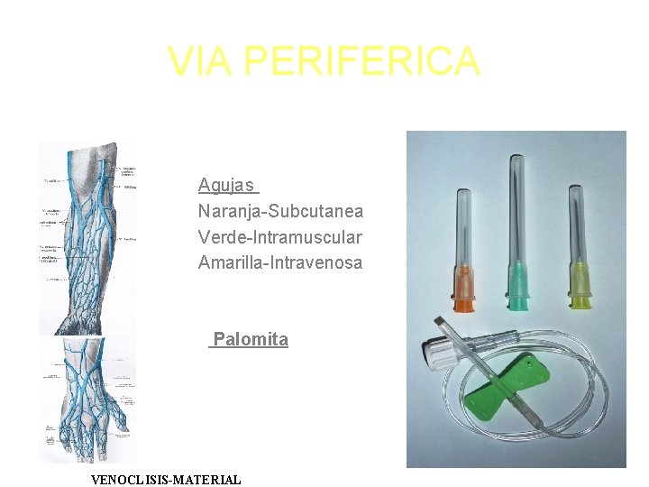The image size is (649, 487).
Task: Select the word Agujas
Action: point(226,186)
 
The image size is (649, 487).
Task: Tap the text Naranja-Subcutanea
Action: point(280,211)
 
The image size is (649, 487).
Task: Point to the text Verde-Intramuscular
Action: point(280,237)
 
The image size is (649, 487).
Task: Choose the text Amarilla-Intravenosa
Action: point(280,263)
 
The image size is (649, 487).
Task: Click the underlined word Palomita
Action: point(251,340)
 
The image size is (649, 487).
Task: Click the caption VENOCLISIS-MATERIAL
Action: point(167,480)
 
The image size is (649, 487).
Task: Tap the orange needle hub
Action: point(464,289)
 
